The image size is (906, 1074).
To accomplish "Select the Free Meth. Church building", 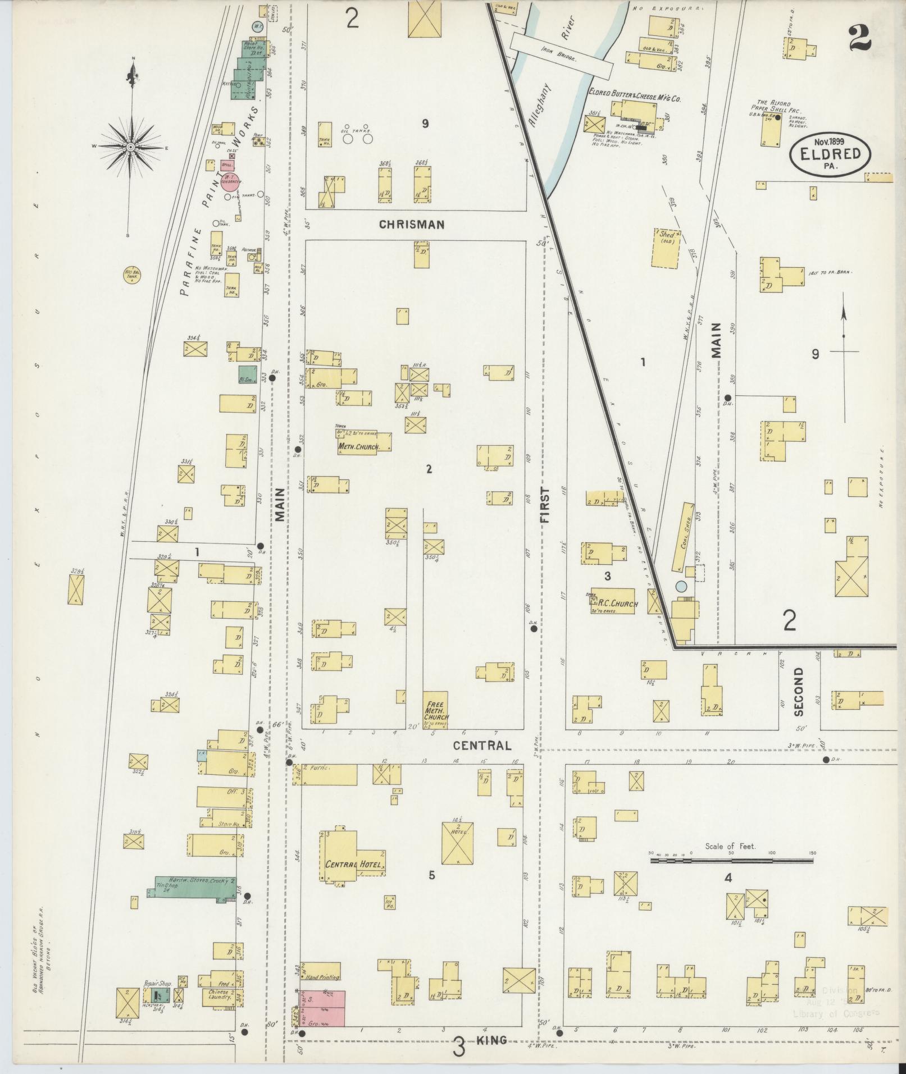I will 435,710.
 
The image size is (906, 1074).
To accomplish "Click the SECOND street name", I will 799,692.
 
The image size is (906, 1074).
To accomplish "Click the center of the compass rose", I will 130,147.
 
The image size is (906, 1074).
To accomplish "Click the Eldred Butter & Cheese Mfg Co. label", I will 635,98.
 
